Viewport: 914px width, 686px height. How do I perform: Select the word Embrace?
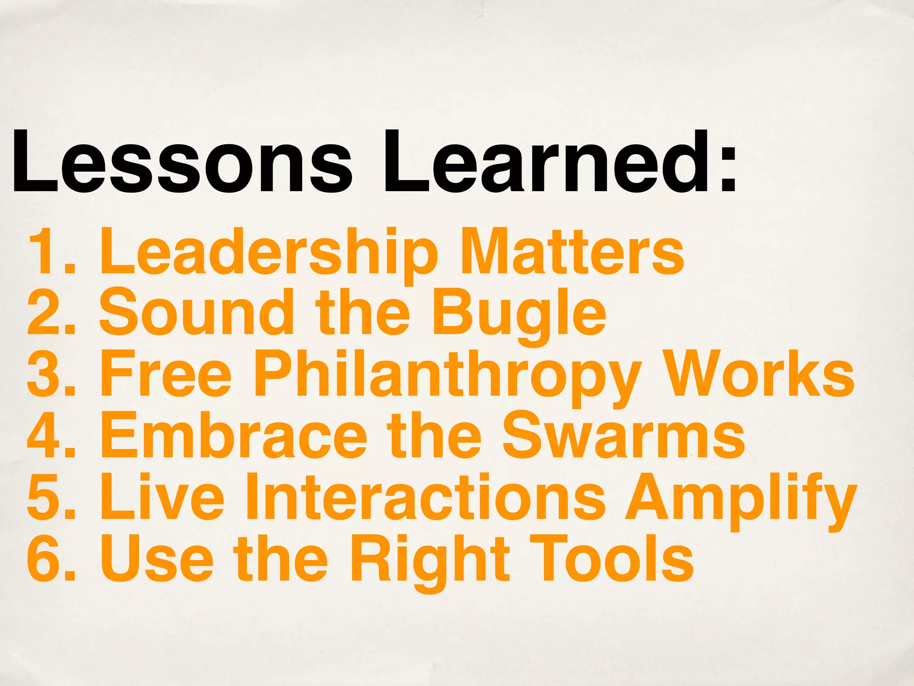point(234,435)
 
